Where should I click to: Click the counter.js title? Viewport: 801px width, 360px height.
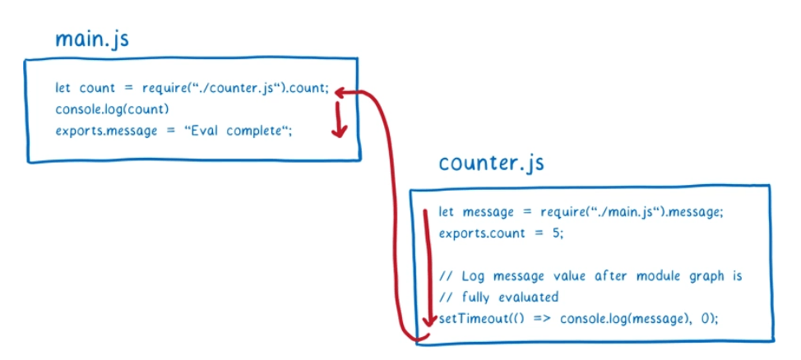click(x=491, y=163)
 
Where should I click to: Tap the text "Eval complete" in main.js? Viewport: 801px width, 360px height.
click(x=239, y=131)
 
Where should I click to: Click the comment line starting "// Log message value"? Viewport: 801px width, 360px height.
click(x=590, y=275)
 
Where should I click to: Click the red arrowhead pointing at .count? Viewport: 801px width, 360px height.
click(x=344, y=92)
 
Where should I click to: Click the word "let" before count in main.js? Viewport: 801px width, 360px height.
click(x=63, y=89)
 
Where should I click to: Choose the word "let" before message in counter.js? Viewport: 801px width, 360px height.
click(x=447, y=212)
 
